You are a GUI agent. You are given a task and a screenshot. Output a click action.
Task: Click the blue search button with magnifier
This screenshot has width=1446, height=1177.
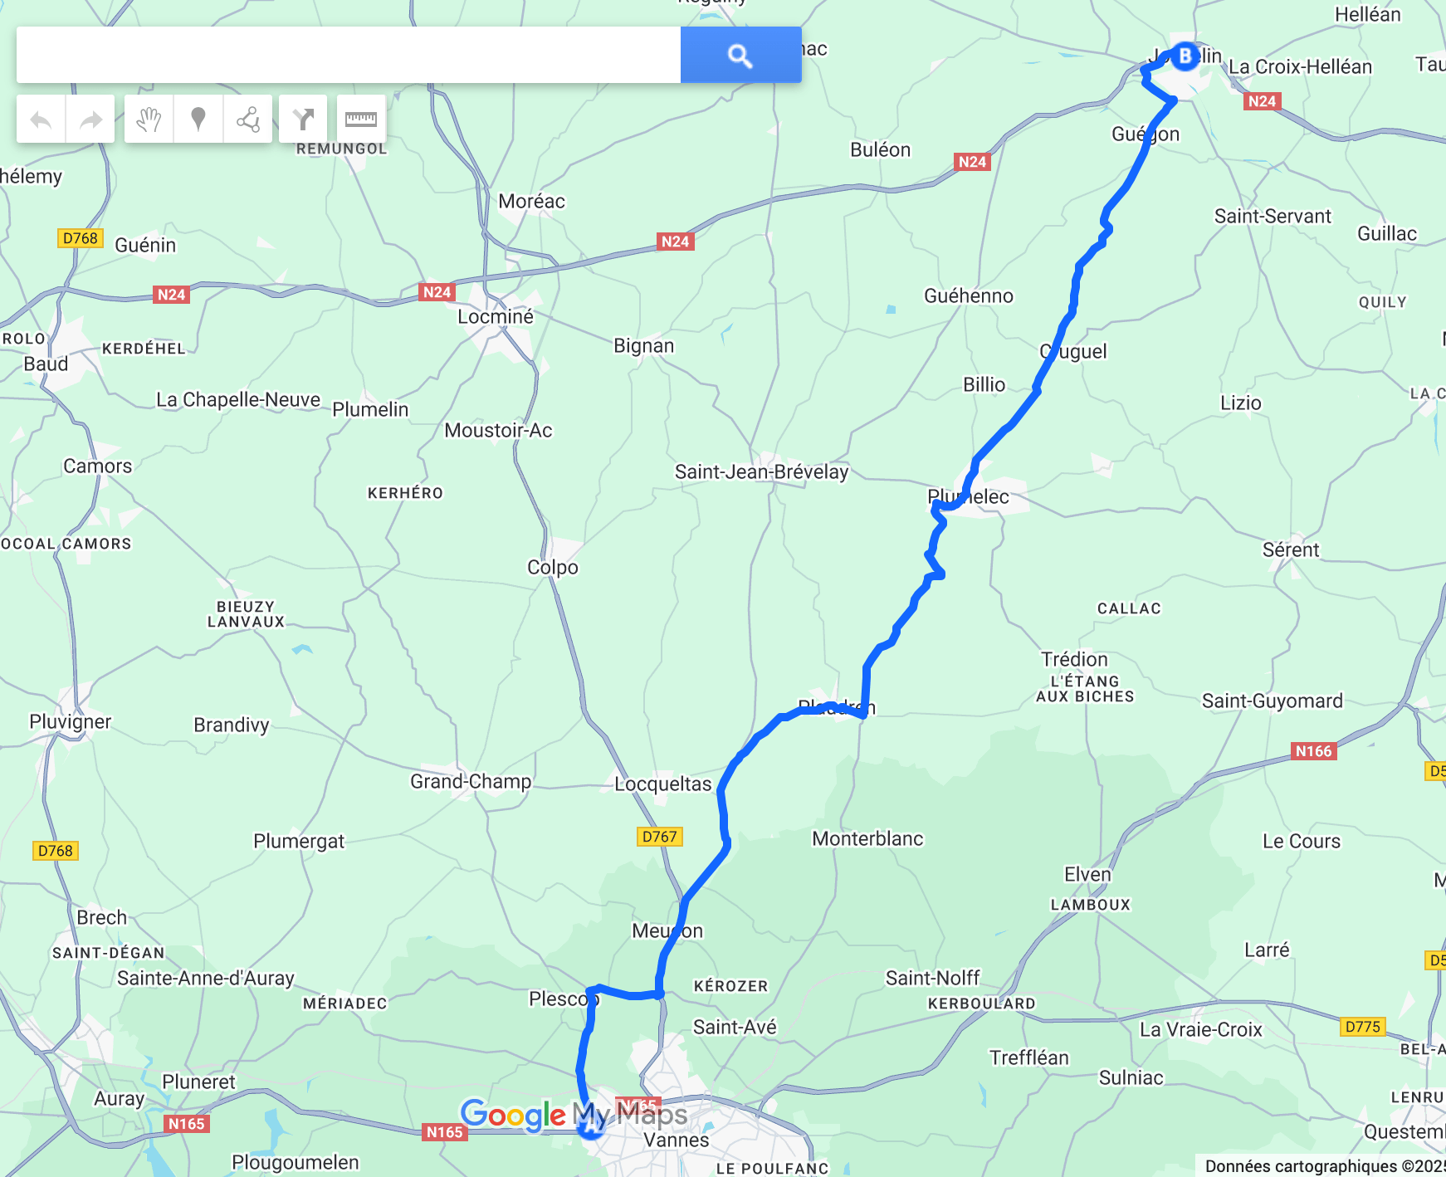[740, 55]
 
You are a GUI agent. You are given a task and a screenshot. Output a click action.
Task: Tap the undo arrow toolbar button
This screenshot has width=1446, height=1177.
[41, 120]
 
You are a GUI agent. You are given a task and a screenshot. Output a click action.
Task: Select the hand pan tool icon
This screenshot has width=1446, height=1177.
[149, 120]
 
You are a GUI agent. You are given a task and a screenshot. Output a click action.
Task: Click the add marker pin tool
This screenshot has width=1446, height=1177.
[198, 120]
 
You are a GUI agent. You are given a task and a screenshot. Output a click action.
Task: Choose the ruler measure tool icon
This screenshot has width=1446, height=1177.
[361, 120]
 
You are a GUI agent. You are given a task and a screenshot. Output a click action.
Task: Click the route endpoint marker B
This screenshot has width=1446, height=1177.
[1185, 56]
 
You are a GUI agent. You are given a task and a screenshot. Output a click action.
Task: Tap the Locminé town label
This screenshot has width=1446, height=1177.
[496, 316]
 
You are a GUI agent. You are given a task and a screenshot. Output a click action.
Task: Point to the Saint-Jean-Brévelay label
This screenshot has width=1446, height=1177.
[761, 471]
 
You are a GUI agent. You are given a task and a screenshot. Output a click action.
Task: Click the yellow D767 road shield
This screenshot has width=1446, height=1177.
[660, 836]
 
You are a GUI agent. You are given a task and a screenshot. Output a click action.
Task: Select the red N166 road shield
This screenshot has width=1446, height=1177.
[1313, 750]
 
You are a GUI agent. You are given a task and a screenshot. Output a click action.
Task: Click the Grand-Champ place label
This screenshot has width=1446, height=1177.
[471, 781]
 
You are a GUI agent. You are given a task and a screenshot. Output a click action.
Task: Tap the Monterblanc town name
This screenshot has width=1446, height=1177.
[867, 838]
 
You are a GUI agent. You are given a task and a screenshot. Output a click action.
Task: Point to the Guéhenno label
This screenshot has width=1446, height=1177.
[969, 295]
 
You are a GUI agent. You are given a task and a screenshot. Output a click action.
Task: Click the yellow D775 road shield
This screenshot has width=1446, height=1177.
[1362, 1026]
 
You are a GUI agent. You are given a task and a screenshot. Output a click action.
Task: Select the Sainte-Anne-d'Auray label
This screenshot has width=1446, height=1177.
[206, 978]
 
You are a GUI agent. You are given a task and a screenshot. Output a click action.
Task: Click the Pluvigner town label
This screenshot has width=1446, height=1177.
[71, 721]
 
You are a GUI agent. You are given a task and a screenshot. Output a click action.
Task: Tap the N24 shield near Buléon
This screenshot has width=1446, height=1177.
[972, 161]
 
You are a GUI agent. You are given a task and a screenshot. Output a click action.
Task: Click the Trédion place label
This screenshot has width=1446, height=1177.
[1075, 659]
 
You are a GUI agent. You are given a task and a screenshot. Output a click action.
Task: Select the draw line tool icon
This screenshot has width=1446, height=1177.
[247, 120]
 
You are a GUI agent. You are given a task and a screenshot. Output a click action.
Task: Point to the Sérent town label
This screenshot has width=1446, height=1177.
[1291, 549]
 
